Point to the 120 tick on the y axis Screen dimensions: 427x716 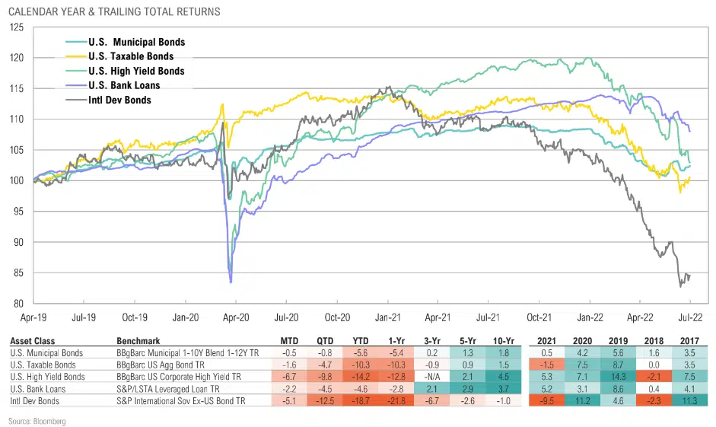17,58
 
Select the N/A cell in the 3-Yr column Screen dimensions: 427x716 431,375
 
